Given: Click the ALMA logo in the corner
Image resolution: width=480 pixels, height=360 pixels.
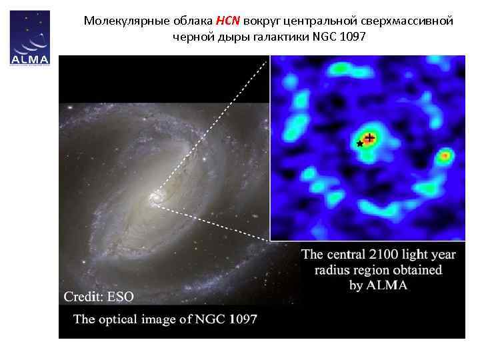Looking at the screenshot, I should tap(31, 39).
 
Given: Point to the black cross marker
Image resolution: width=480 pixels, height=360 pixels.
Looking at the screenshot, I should tap(369, 138).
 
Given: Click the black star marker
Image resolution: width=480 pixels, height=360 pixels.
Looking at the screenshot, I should tap(360, 143).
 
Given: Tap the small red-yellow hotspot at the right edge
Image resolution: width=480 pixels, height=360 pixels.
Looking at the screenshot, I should tap(445, 156).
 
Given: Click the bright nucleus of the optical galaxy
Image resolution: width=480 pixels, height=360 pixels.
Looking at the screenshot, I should tap(156, 197).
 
